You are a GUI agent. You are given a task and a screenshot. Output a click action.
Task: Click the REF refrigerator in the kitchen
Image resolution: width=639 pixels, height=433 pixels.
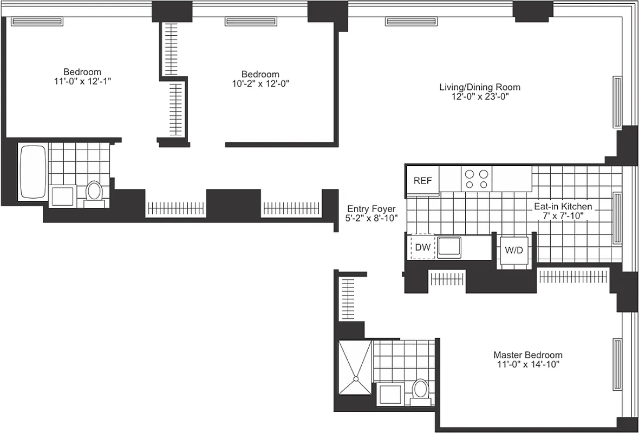coord(422,181)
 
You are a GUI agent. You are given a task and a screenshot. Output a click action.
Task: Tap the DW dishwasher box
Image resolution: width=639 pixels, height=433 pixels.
coord(422,248)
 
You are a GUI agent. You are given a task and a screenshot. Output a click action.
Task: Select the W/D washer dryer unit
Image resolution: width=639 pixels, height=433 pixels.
coord(514,251)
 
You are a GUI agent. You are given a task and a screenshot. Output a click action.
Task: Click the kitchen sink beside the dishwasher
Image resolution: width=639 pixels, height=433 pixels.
coord(449,247)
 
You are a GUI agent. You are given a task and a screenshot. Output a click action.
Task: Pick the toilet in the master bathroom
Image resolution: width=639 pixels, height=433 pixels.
coord(420,390)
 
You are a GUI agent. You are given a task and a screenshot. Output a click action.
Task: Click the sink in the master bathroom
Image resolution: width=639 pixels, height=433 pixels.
coord(389,393)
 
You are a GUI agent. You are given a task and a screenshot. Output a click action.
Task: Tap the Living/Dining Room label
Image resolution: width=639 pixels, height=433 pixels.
coord(479,87)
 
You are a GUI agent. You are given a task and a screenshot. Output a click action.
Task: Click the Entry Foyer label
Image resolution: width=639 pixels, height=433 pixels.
coord(371,209)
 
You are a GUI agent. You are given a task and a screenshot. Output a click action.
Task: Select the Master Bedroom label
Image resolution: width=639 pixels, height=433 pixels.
coord(527,355)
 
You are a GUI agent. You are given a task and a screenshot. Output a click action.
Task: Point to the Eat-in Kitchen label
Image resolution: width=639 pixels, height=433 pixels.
coord(563,206)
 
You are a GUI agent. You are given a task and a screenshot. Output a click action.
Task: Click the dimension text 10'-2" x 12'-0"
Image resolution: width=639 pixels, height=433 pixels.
coord(260,84)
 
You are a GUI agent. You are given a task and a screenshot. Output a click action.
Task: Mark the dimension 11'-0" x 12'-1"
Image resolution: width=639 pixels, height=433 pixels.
coord(82,81)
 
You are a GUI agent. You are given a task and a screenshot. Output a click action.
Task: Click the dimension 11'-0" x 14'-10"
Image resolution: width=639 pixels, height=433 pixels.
coord(527,365)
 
